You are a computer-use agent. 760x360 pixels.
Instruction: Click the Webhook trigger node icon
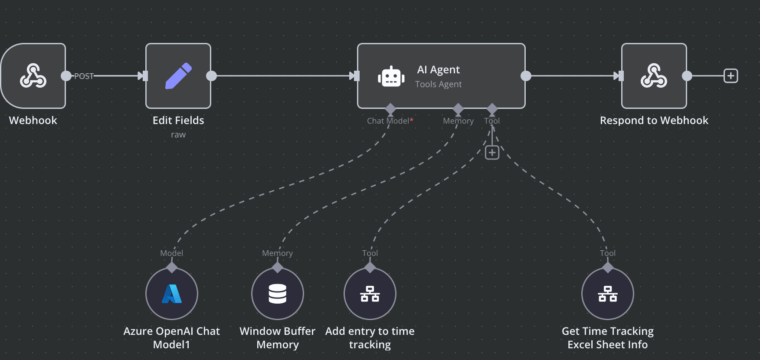point(33,76)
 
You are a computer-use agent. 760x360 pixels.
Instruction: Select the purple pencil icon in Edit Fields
point(178,76)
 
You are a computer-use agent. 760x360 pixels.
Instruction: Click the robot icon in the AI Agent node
point(391,77)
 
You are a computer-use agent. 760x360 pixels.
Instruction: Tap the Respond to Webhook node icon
point(654,76)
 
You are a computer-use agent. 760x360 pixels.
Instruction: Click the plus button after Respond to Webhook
point(731,76)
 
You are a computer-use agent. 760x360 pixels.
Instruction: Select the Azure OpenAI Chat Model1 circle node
point(172,294)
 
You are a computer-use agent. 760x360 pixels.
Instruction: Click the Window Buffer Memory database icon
point(278,294)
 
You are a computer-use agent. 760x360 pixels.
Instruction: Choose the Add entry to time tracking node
point(370,294)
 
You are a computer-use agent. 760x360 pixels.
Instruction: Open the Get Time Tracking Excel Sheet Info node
point(607,294)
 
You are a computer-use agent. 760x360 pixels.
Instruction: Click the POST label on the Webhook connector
point(84,76)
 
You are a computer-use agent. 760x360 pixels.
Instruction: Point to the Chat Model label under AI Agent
point(388,121)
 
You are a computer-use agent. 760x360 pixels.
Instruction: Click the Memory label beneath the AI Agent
point(458,121)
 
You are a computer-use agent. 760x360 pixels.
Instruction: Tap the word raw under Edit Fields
point(178,134)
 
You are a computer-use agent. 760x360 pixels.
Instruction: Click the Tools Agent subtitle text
point(438,84)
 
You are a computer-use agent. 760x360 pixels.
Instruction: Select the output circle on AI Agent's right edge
point(526,76)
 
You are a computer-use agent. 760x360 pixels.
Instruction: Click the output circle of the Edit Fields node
point(211,76)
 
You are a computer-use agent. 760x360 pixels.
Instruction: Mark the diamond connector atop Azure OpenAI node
point(172,267)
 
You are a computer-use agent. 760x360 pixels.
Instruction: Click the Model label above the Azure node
point(171,253)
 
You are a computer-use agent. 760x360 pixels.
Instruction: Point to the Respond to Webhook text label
point(654,121)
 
